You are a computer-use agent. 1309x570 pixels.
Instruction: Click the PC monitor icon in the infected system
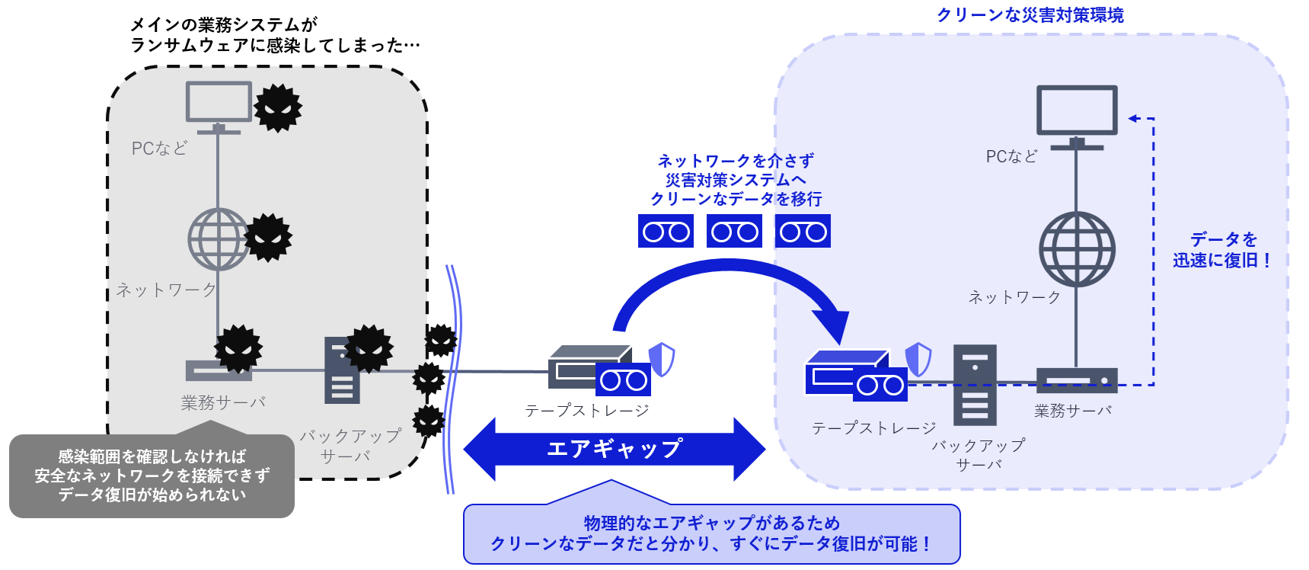click(219, 103)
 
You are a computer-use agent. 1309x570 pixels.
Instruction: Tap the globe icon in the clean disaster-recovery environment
click(1077, 249)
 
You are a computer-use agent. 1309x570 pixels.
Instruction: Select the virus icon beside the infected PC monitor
click(278, 108)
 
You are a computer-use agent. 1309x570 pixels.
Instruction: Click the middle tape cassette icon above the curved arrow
click(734, 232)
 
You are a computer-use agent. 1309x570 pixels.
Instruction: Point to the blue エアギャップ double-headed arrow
click(614, 449)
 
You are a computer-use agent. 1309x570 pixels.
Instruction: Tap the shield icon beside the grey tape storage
click(662, 359)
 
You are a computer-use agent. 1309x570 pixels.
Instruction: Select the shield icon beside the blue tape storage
click(918, 359)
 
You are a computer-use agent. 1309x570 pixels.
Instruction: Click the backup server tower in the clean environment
click(975, 384)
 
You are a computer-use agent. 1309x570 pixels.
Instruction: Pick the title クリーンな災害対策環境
click(1030, 15)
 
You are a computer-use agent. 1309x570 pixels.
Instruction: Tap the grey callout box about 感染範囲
click(152, 476)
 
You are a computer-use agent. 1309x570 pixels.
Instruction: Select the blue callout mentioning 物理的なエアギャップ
click(711, 533)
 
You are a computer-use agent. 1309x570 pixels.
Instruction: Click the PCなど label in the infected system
click(159, 149)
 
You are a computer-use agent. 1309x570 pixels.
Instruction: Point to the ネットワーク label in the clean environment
click(1014, 297)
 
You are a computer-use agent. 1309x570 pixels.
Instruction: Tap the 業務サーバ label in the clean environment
click(1073, 411)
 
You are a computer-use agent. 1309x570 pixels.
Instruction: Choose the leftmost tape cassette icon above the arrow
click(666, 232)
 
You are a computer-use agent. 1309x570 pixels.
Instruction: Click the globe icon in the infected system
click(219, 239)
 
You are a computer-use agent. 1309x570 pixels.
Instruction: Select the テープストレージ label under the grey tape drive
click(586, 411)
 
